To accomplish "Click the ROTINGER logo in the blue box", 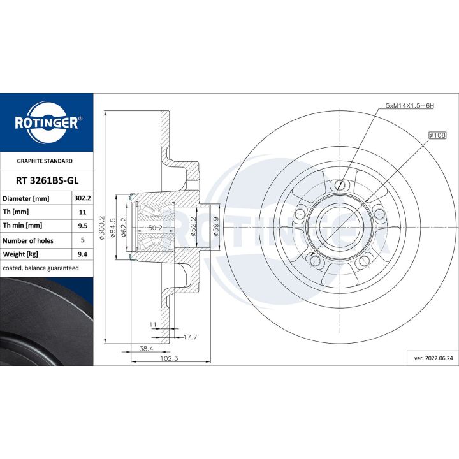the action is [47, 122].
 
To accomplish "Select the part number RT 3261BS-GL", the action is [47, 180].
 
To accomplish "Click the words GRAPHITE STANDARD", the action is [45, 161].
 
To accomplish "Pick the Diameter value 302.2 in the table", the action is [82, 198].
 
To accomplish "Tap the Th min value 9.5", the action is [82, 226].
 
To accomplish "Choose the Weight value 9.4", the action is [82, 254].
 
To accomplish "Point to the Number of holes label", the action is [28, 240].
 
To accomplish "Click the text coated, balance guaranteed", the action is [41, 268].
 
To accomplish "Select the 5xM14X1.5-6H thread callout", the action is [409, 106].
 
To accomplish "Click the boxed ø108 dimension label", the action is [437, 135].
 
